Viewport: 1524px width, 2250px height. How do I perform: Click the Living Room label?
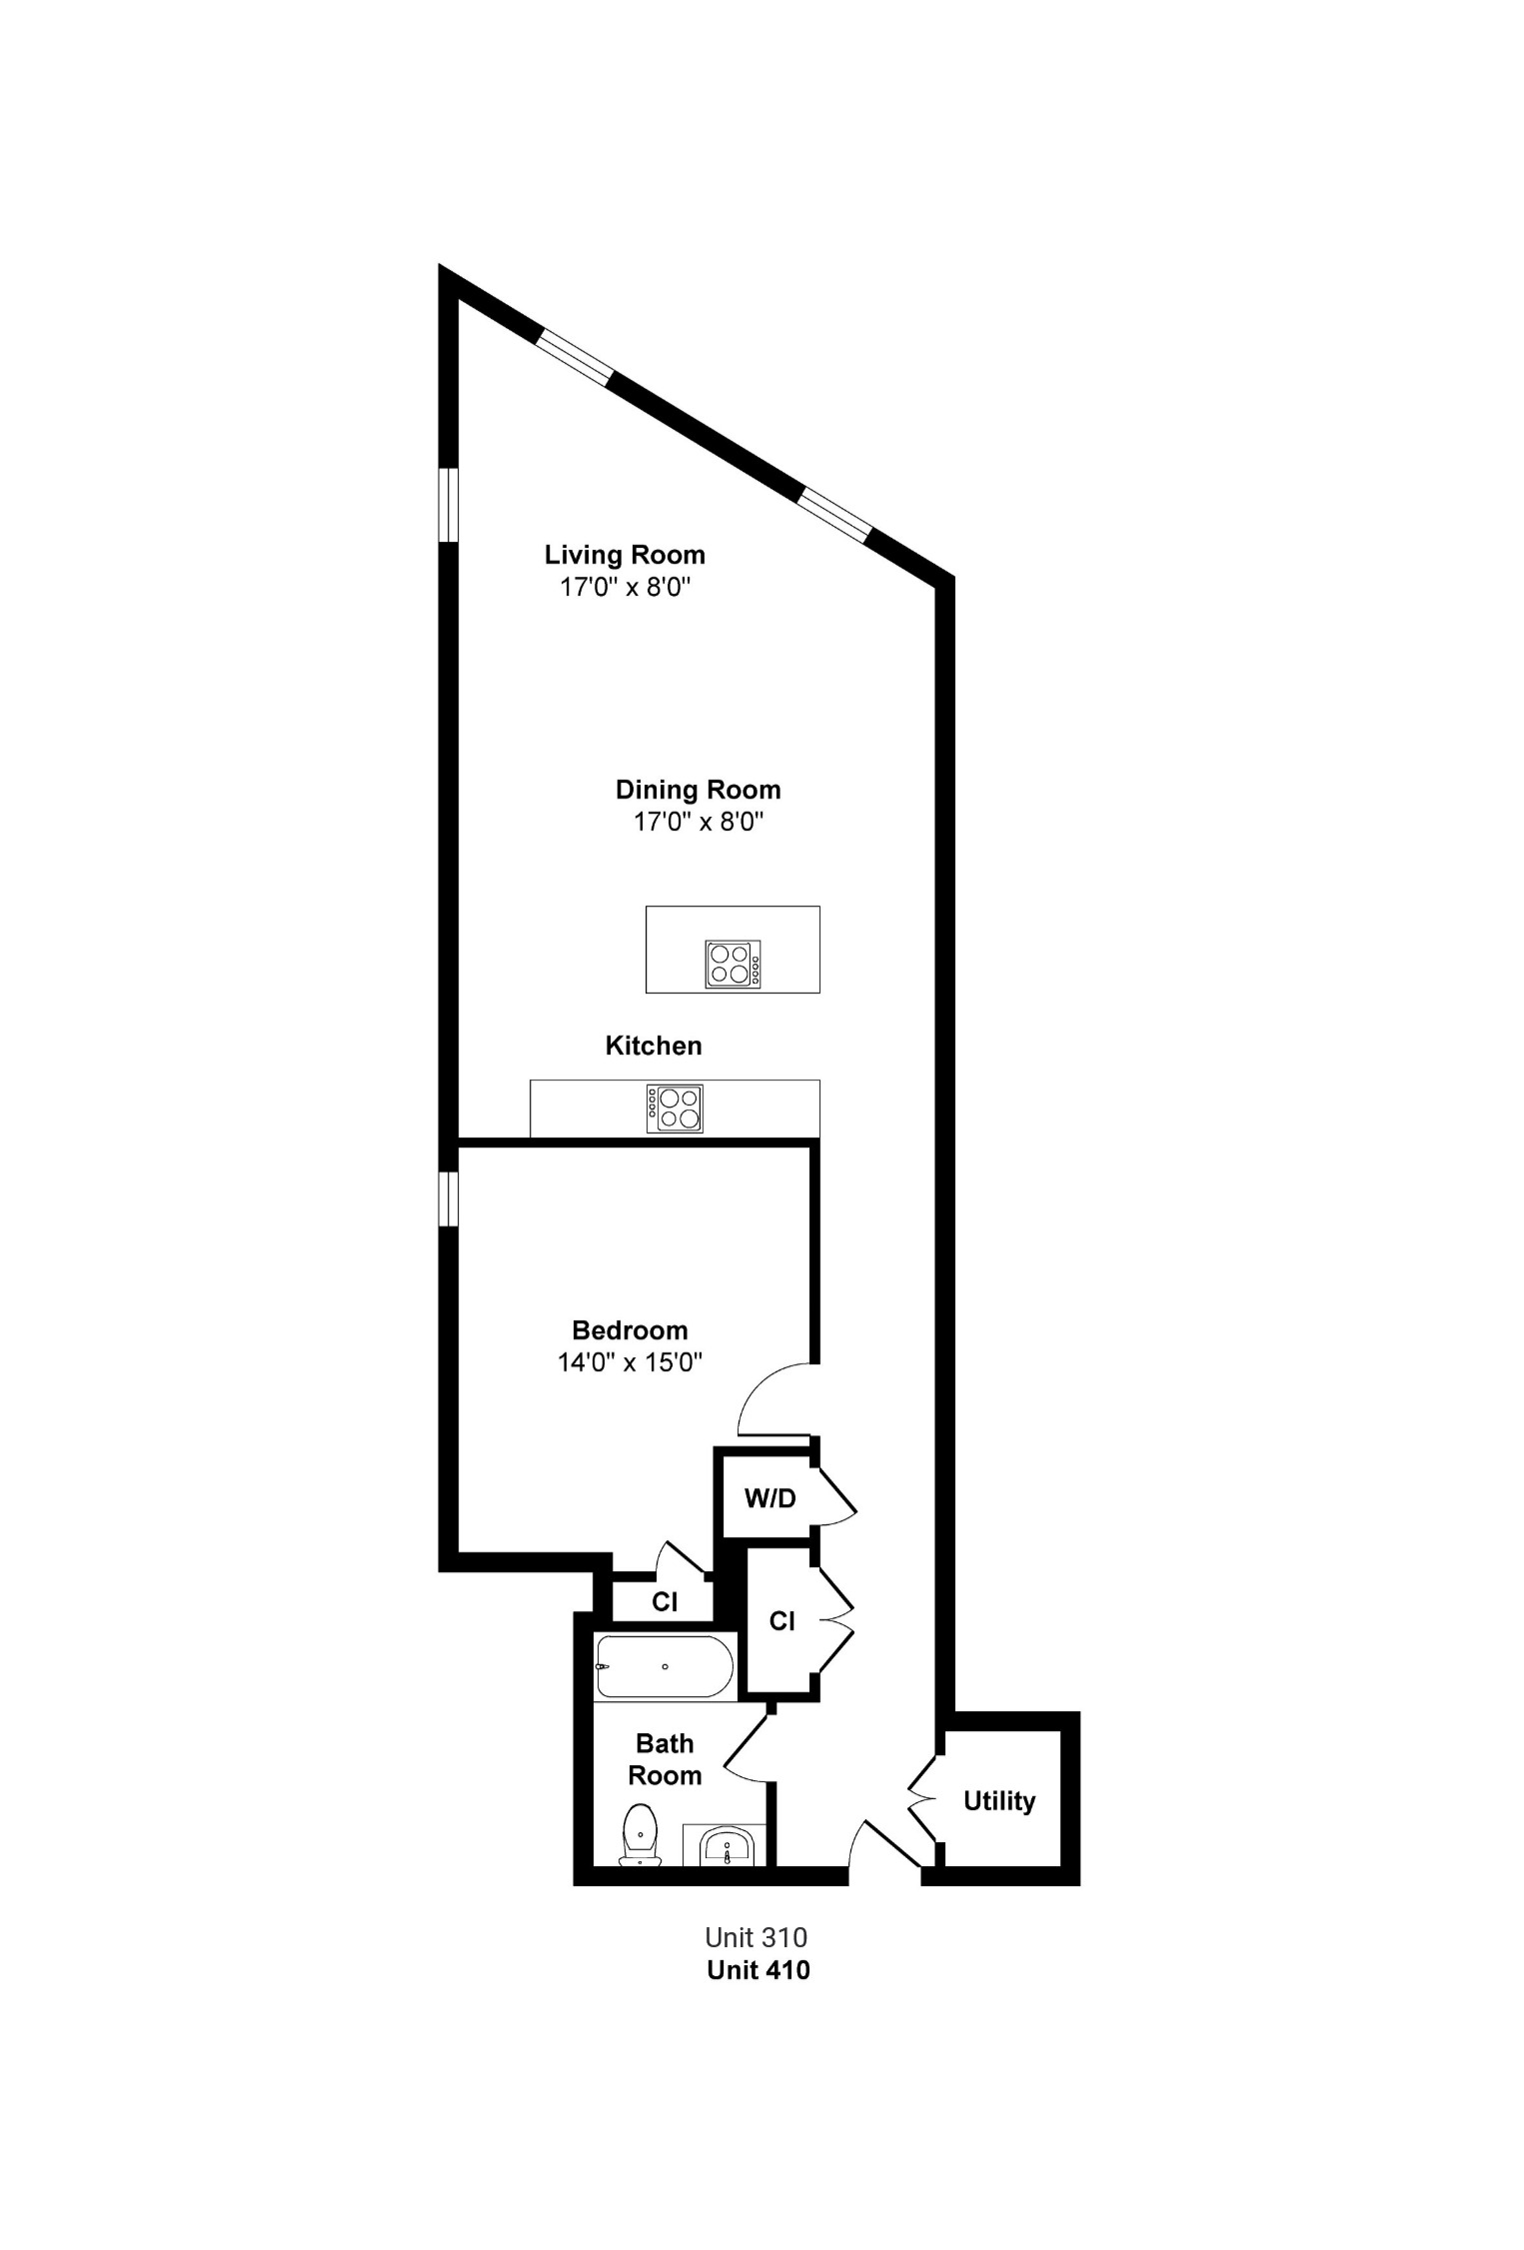(625, 555)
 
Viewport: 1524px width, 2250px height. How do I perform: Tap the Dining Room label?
(698, 790)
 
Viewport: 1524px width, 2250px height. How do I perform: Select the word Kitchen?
(654, 1046)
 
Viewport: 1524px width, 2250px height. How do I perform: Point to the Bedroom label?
(630, 1330)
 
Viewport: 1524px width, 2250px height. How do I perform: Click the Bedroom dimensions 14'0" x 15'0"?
(630, 1362)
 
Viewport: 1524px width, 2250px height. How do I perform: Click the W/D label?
(769, 1498)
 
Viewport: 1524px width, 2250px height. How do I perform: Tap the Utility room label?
(999, 1801)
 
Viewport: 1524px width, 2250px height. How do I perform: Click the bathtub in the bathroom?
(665, 1666)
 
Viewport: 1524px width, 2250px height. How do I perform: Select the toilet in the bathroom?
(640, 1834)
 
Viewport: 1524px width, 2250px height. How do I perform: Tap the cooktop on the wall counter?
(675, 1109)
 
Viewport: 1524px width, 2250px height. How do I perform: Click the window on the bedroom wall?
(449, 1198)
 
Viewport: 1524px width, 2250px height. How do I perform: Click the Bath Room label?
(665, 1759)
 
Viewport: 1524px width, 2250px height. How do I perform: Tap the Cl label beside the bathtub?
(665, 1602)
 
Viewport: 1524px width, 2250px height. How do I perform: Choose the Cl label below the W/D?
(782, 1621)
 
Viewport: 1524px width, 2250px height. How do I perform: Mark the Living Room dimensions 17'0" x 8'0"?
(626, 587)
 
